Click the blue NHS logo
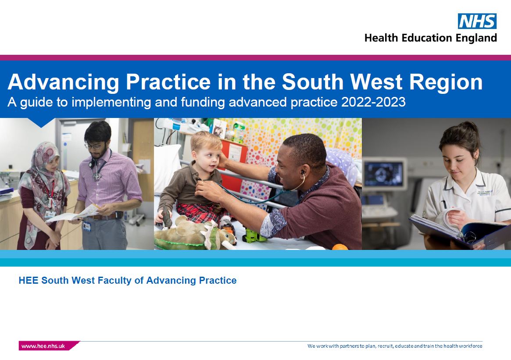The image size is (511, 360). [477, 21]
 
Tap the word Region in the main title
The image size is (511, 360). [446, 82]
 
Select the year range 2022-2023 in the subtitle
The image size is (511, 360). [373, 102]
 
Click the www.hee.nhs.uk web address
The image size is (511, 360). [43, 346]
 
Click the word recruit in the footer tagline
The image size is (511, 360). [385, 346]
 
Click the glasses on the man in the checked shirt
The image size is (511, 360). [94, 146]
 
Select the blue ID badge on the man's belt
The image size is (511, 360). [86, 226]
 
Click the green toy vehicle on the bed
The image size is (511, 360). [255, 235]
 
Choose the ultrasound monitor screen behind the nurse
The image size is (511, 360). [384, 174]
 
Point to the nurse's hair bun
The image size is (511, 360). [470, 127]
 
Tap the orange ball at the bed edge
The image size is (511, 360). [340, 247]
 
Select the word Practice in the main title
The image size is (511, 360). [168, 82]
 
